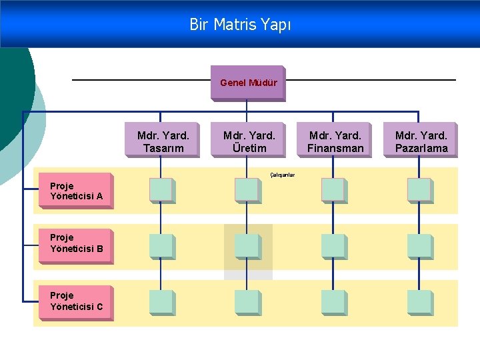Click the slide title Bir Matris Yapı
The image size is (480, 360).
[x=240, y=25]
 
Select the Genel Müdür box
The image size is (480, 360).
[x=247, y=83]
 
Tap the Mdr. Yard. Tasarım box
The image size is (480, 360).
[x=163, y=141]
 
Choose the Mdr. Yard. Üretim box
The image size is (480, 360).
[x=249, y=141]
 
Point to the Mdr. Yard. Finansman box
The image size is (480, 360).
[x=335, y=141]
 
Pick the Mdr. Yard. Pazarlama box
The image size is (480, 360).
[x=421, y=141]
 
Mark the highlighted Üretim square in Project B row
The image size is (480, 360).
[x=247, y=246]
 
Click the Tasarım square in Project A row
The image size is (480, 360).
[x=161, y=190]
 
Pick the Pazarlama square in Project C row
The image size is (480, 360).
[x=420, y=302]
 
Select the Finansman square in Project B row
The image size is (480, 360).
[x=333, y=246]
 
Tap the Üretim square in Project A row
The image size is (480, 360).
[x=247, y=190]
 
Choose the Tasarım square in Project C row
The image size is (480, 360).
[x=161, y=302]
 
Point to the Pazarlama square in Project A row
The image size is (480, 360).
[x=420, y=190]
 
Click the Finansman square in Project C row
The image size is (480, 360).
[x=333, y=302]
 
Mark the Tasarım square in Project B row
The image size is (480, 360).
[x=161, y=246]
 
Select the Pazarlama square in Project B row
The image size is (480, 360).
[x=420, y=246]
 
